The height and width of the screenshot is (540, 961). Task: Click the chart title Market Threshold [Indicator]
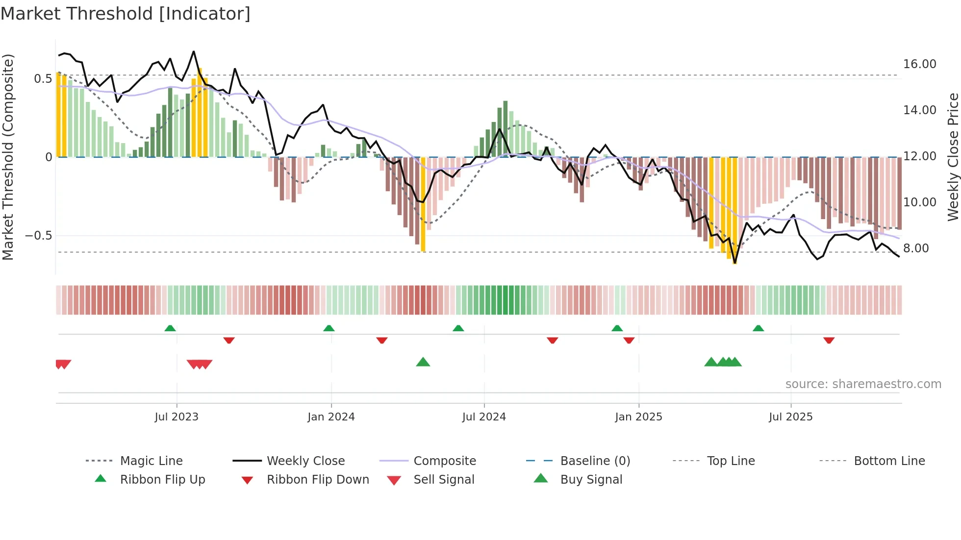(x=126, y=14)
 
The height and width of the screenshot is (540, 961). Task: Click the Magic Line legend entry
(x=151, y=461)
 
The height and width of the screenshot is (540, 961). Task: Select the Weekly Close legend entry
(x=305, y=461)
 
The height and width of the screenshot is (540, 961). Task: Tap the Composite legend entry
(x=445, y=461)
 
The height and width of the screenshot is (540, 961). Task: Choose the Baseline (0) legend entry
(x=595, y=461)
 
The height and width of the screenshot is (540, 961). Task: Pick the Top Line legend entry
(x=731, y=461)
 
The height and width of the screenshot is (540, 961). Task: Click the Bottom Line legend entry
(x=889, y=461)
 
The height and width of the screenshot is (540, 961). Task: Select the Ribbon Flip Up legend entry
(x=162, y=479)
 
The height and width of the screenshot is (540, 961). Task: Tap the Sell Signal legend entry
(x=444, y=479)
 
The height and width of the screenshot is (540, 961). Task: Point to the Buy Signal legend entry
(x=591, y=479)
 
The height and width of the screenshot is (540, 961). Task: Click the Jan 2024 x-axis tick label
(x=331, y=417)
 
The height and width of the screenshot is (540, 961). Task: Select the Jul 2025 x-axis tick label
(x=790, y=417)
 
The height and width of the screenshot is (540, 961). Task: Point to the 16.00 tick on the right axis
(x=919, y=64)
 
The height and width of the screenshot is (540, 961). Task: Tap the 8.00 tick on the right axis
(x=916, y=248)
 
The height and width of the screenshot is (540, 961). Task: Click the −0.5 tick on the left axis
(x=38, y=236)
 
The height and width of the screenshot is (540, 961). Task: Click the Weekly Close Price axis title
(x=953, y=157)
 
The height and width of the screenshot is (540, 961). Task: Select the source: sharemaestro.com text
(x=863, y=384)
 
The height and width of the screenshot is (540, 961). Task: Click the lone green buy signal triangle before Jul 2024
(x=423, y=362)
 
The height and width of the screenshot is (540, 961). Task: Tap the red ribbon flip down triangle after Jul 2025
(x=829, y=340)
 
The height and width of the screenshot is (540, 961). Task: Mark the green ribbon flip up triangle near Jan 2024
(x=329, y=328)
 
